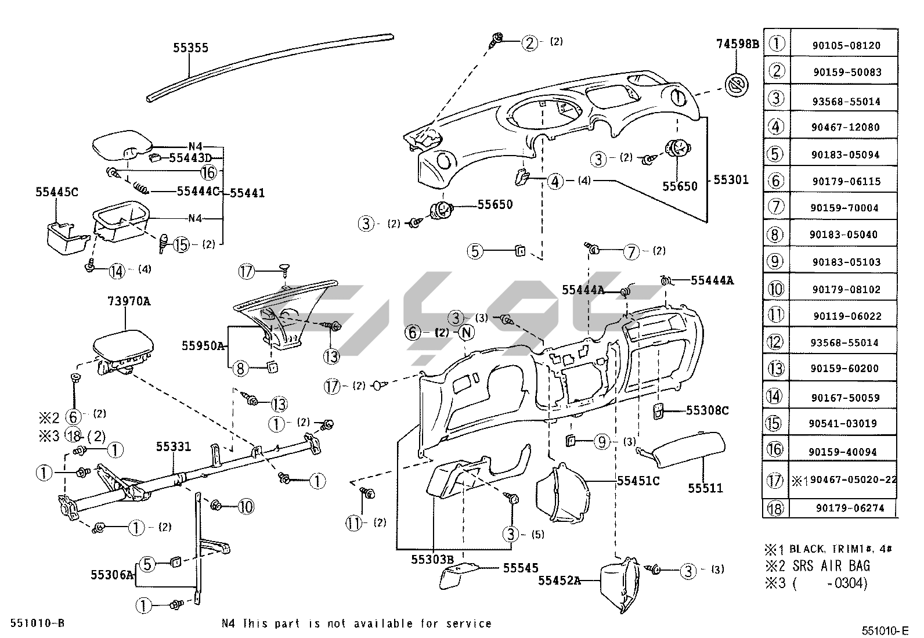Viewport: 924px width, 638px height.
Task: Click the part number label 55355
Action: [190, 48]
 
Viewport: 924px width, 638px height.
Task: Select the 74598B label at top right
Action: [737, 44]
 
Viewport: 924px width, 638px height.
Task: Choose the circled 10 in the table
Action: [776, 289]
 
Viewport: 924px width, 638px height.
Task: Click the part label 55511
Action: [705, 488]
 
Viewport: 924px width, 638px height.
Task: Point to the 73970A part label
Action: [129, 301]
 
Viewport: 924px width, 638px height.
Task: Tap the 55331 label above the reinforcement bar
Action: [174, 446]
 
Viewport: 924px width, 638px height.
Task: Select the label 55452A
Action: [560, 580]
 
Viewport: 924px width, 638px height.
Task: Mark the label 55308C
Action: [707, 410]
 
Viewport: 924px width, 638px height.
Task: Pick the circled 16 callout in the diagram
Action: [208, 172]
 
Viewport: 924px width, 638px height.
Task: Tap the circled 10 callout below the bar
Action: [246, 507]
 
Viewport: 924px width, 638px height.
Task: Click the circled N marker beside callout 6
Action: [467, 333]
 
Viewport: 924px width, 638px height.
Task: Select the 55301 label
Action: [731, 180]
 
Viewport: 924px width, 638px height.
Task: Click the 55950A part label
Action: [203, 345]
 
